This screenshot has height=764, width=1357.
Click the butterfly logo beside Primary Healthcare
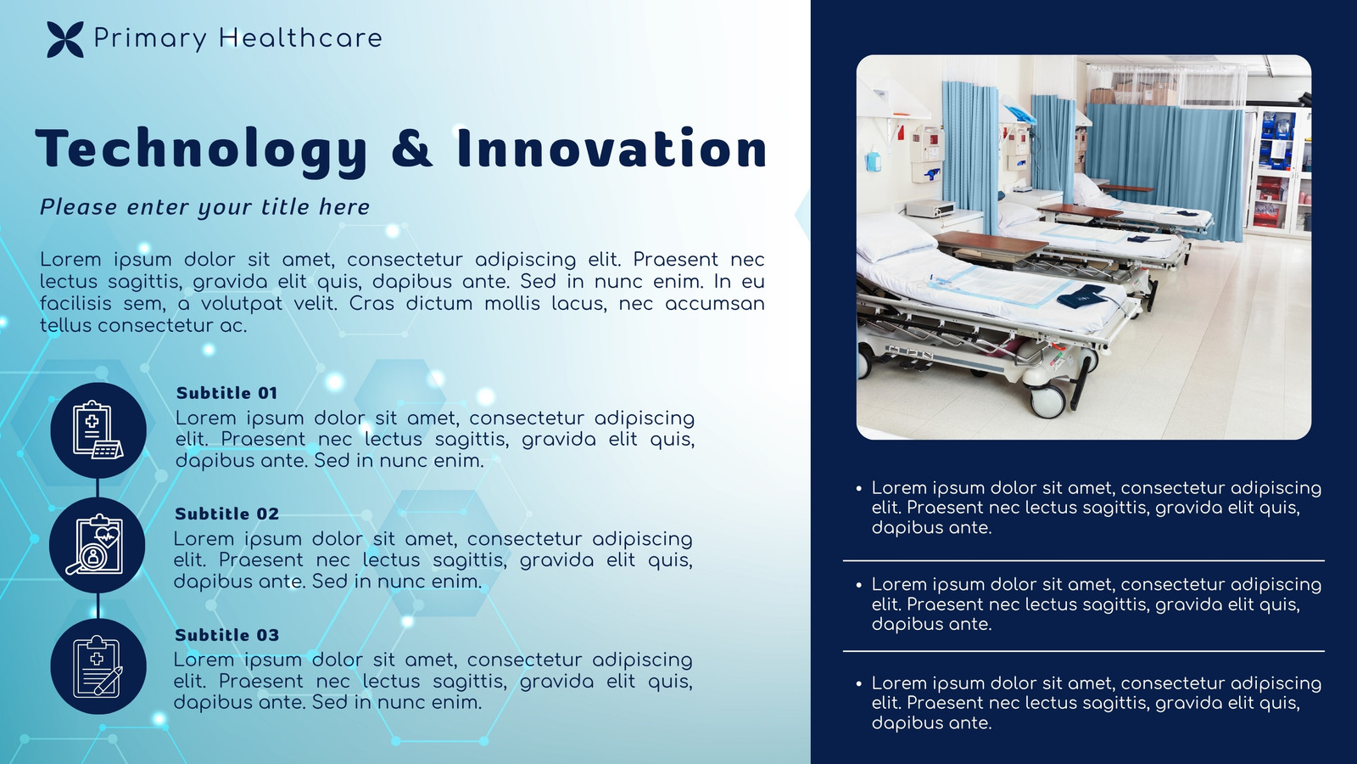[x=64, y=39]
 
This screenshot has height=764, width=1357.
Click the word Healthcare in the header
[x=300, y=37]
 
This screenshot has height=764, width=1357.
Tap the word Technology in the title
[x=202, y=149]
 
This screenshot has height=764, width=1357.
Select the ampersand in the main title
[x=412, y=148]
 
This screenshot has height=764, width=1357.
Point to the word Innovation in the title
[x=611, y=148]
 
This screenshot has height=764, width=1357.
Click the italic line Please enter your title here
[x=204, y=207]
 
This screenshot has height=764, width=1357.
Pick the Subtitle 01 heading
[x=226, y=393]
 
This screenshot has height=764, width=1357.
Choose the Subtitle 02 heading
[x=226, y=514]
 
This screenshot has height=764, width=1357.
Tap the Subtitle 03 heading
[x=226, y=635]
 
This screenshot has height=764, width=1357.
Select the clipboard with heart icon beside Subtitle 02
[x=97, y=544]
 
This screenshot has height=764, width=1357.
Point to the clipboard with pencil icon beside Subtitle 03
[x=98, y=666]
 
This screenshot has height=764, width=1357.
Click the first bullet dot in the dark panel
[x=858, y=488]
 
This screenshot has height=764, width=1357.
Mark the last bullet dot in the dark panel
[x=858, y=683]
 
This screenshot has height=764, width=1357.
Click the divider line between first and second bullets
[x=1083, y=561]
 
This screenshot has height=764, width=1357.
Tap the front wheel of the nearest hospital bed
[x=1048, y=400]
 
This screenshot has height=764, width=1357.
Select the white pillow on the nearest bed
[x=896, y=237]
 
